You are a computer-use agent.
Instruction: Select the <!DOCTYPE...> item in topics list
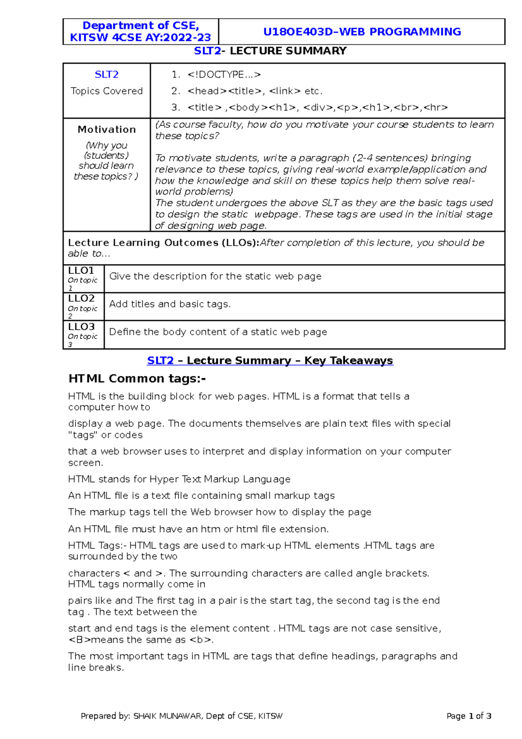click(x=224, y=75)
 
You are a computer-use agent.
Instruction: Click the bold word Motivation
click(x=107, y=130)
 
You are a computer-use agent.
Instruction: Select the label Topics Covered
click(x=107, y=91)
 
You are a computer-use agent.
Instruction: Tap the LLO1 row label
click(x=81, y=271)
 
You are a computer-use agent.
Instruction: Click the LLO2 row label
click(x=81, y=299)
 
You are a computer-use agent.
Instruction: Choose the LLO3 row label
click(x=81, y=327)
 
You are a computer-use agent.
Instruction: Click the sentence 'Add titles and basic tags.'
click(x=170, y=304)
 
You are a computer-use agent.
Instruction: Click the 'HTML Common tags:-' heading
click(x=137, y=379)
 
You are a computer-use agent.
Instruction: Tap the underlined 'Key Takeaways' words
click(x=348, y=361)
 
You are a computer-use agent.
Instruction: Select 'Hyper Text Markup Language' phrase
click(x=220, y=480)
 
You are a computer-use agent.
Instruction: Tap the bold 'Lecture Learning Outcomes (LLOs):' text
click(x=164, y=243)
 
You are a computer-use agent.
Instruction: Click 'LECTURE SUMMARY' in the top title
click(x=288, y=51)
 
